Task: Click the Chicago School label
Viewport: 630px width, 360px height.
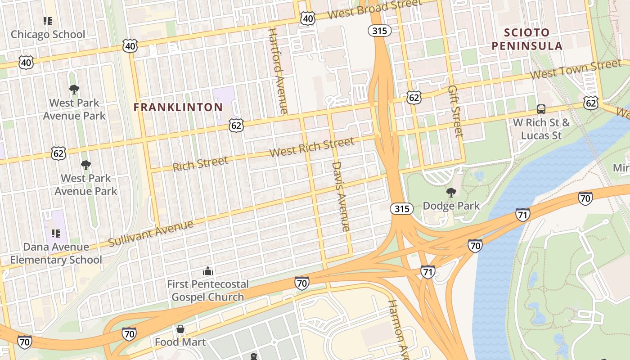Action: [x=48, y=34]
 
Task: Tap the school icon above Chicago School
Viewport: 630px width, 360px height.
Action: [x=48, y=21]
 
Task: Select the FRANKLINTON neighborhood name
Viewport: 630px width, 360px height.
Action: [x=178, y=107]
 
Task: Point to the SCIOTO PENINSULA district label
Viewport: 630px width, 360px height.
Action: [x=527, y=39]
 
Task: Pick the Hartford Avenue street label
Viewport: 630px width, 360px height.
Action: [x=278, y=71]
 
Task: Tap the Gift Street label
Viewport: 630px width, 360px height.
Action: [x=455, y=111]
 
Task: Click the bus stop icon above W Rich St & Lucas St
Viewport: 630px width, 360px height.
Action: [x=541, y=109]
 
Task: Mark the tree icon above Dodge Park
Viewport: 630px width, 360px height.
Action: [x=451, y=193]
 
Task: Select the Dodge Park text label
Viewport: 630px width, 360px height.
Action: [x=451, y=206]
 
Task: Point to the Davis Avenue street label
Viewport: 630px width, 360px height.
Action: [x=341, y=196]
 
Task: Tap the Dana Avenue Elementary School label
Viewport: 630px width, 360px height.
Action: [x=56, y=253]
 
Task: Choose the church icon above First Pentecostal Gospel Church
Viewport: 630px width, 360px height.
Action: [x=207, y=271]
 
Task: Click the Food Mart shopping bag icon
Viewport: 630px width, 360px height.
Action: [x=180, y=329]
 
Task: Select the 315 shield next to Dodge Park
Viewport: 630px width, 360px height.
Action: [x=401, y=208]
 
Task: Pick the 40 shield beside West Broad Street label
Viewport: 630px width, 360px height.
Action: [x=307, y=18]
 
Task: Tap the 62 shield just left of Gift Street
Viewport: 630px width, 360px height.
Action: [x=414, y=97]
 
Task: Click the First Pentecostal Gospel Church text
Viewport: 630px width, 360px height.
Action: [x=207, y=291]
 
